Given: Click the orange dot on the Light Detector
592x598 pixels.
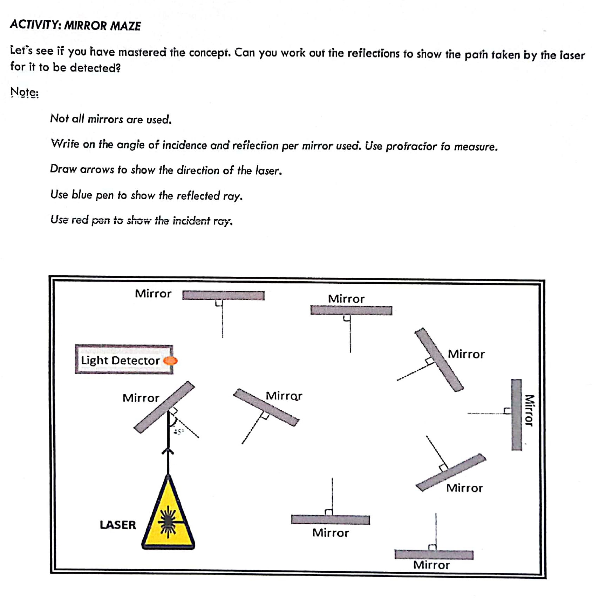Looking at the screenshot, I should coord(171,361).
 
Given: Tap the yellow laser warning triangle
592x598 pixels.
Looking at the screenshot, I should coord(168,519).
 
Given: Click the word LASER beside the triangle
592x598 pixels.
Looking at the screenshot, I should coord(118,525).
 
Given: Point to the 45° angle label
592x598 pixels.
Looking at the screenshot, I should coord(178,432).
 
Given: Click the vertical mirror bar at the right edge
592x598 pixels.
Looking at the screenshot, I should coord(516,415).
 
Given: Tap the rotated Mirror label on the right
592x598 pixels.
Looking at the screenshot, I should coord(529,410).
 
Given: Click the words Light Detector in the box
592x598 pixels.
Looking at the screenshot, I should coord(120,361).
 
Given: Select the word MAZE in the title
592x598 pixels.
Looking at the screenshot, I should coord(125,26).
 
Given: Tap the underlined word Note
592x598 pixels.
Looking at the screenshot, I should coord(24,92).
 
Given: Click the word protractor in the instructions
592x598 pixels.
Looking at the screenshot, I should coord(411,146).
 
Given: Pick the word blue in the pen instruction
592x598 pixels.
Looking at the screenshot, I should coord(82,195).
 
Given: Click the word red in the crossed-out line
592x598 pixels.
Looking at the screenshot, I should coord(80,220).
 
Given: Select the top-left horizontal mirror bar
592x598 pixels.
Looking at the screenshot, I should coord(223,295).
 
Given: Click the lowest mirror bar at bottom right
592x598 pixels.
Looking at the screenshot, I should coord(434,555).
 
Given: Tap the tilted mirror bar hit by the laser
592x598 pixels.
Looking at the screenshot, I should coord(164,407).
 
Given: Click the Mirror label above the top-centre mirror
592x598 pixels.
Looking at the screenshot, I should coord(346,299).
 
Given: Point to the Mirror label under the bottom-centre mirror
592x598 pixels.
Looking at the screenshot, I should coord(330,533).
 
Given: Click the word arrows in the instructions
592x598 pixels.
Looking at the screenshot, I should coord(97,169).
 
